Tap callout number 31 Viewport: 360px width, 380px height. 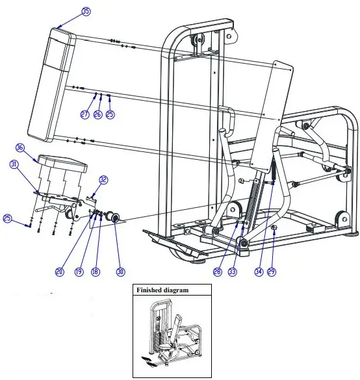[14, 165]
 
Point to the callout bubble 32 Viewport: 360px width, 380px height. [103, 180]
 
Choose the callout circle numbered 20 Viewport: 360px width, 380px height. [60, 272]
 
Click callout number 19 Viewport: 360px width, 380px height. [78, 272]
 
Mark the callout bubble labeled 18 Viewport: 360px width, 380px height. [96, 272]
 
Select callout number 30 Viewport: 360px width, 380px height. [120, 272]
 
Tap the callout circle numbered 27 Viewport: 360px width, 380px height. [84, 114]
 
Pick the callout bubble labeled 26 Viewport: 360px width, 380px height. [97, 114]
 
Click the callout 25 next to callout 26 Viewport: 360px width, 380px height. [110, 114]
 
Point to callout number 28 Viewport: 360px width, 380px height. [218, 272]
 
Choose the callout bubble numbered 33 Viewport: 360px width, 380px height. [232, 272]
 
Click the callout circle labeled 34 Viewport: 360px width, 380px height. [258, 272]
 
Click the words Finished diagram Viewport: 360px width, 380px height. [162, 290]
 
